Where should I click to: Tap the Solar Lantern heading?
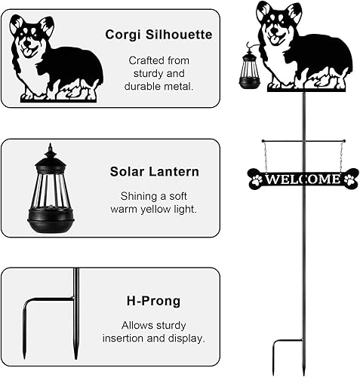(x=155, y=172)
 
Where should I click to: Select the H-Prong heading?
(x=155, y=302)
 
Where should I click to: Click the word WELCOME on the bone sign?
(x=303, y=179)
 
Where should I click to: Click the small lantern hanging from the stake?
(x=249, y=71)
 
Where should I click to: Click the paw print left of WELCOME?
(x=257, y=179)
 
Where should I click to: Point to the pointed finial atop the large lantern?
(x=51, y=148)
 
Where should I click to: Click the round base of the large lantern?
(x=51, y=223)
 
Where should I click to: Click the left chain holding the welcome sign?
(x=263, y=155)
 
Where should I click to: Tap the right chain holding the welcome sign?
(x=341, y=155)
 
